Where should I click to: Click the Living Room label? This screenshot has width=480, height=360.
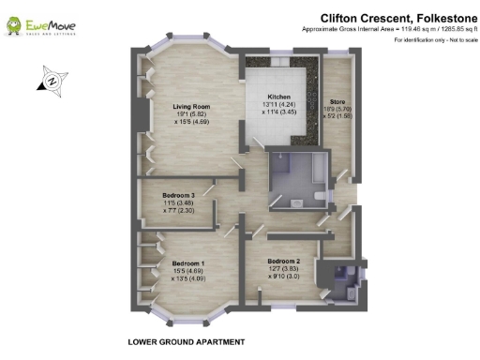(190, 105)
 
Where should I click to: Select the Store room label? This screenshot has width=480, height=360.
(338, 100)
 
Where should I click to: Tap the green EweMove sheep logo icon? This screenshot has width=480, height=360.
(16, 25)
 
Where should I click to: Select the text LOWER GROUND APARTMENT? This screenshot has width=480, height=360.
(186, 342)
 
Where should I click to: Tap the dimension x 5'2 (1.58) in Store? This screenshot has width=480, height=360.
(338, 117)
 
